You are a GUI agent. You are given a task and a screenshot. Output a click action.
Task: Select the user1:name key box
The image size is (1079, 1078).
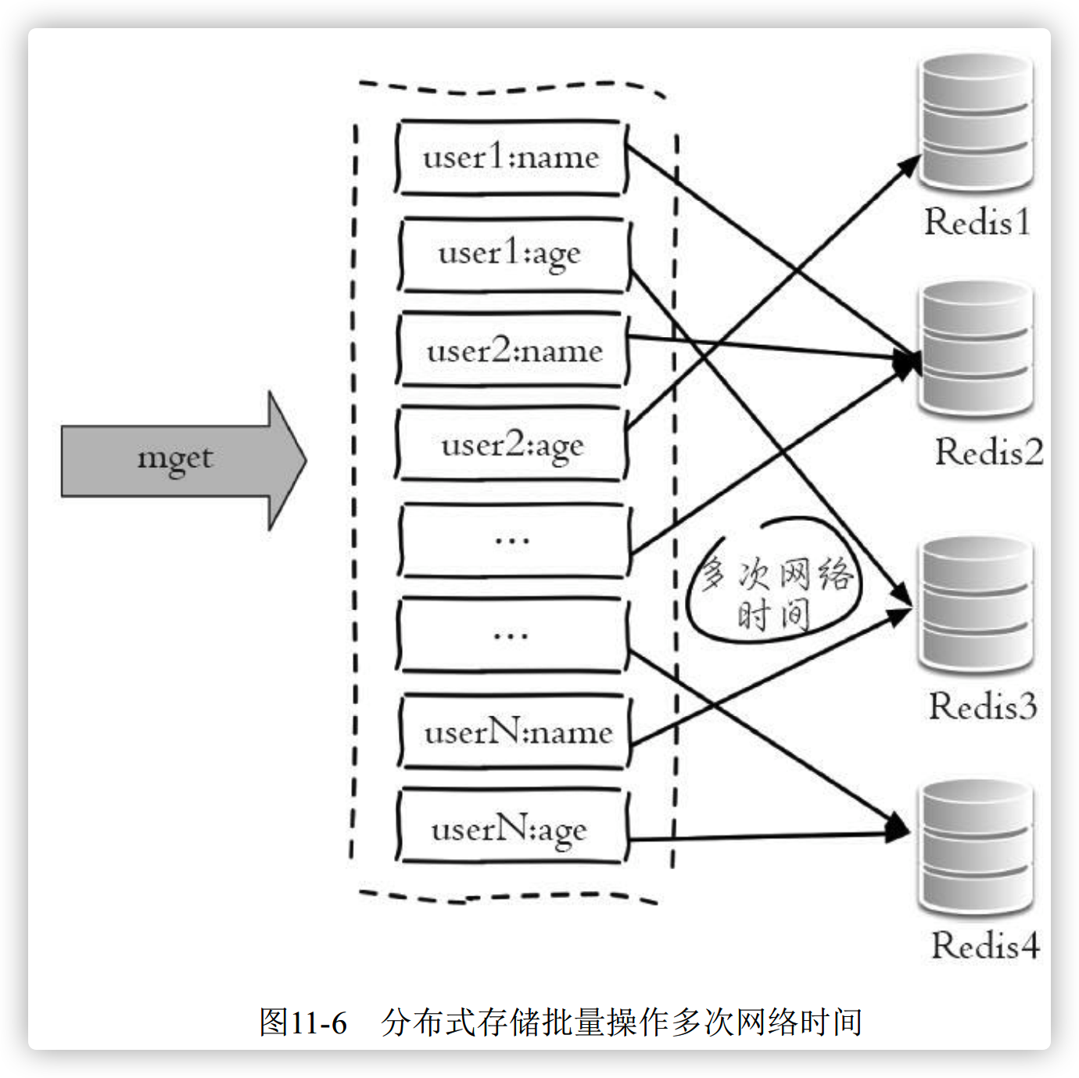coord(511,157)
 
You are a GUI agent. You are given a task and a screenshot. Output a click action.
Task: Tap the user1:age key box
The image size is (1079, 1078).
coord(511,254)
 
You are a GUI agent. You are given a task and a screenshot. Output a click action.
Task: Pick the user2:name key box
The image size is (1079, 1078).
coord(513,350)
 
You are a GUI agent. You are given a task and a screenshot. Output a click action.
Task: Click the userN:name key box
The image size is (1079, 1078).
coord(514,732)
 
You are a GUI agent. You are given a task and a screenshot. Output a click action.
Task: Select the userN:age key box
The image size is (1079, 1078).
coord(511,828)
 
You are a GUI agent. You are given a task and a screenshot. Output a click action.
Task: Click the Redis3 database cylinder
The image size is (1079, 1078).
coord(975,605)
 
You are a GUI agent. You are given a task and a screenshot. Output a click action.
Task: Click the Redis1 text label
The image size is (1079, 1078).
coord(977,222)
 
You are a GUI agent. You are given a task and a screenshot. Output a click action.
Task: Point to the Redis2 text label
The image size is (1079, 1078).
coord(989,452)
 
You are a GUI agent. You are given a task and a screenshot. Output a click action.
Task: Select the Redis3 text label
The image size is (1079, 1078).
coord(983,706)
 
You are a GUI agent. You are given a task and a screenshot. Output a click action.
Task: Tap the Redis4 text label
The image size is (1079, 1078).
coord(985,946)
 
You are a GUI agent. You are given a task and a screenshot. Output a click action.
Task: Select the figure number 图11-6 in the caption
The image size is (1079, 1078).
coord(303,1022)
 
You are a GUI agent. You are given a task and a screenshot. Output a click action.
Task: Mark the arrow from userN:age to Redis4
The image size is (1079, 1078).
coord(766,837)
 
